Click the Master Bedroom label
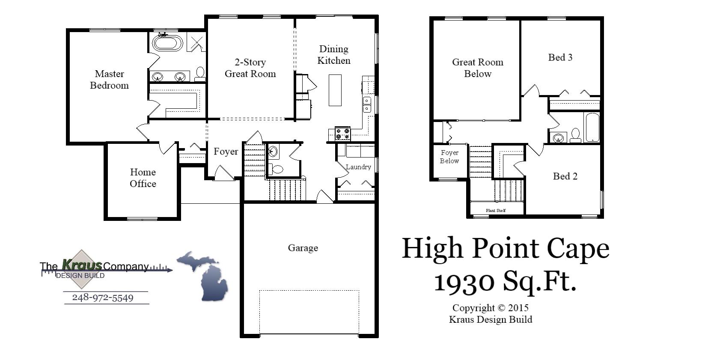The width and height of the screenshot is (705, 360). [109, 80]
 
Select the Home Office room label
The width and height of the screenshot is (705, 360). [143, 178]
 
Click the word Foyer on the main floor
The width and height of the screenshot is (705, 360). [226, 152]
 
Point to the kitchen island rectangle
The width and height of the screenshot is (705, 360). [335, 90]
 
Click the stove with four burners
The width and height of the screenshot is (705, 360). [342, 134]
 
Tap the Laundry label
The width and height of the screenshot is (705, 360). [358, 167]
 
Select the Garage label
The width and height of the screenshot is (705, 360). [303, 248]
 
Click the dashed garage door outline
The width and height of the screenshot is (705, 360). [309, 312]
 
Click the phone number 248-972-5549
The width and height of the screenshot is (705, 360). [103, 298]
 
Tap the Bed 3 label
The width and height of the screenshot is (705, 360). [560, 57]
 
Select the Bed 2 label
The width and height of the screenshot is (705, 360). [565, 176]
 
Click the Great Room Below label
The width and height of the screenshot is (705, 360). [478, 68]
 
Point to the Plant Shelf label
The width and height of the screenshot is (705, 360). [496, 210]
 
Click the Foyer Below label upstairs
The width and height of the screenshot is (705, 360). [449, 157]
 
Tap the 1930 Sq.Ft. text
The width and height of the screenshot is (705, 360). [505, 282]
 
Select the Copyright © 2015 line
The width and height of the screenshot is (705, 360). [490, 308]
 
